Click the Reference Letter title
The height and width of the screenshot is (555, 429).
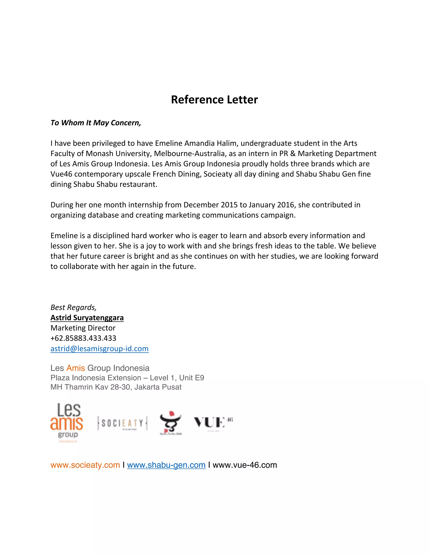(x=214, y=100)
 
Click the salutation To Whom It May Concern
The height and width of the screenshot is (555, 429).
(x=96, y=123)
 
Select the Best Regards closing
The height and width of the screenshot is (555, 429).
(x=74, y=307)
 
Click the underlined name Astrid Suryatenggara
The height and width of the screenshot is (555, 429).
(x=87, y=318)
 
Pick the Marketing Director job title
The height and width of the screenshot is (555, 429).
(x=83, y=328)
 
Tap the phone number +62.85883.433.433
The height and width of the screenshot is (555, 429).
(x=83, y=338)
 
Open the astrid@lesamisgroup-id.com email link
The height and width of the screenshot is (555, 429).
(x=99, y=349)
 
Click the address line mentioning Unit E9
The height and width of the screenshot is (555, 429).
(x=127, y=378)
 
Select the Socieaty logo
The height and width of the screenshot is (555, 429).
(x=122, y=423)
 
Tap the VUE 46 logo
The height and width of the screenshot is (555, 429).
(x=213, y=423)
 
